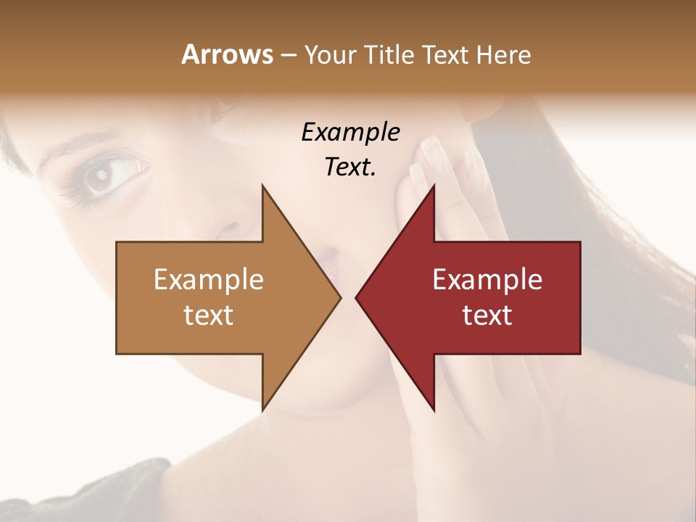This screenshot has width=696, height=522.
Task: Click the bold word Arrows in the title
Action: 227,54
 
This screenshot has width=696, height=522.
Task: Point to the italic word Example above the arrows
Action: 350,133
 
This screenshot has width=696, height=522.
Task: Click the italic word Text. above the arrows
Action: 350,167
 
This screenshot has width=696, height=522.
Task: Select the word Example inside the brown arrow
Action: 208,280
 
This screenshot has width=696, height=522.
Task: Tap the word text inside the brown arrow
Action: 208,315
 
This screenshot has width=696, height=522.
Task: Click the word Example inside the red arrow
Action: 487,280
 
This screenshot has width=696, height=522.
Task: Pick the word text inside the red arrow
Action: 487,315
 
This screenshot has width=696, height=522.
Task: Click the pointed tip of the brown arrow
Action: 339,297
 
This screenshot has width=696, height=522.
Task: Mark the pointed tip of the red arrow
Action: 357,297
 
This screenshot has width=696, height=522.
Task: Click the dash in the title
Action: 287,56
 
